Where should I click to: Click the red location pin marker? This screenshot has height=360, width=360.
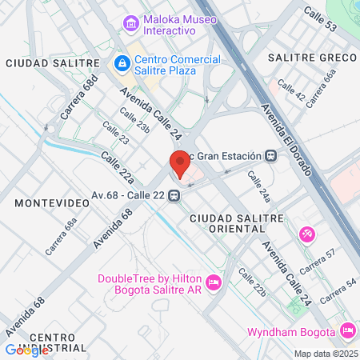point(180,164)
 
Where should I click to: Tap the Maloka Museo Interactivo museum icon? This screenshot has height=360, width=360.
point(130,25)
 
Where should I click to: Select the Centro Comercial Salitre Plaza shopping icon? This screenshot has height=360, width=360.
point(122,62)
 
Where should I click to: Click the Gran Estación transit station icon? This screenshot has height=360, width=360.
point(272,156)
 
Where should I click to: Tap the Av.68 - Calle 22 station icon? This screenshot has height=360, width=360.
point(173,198)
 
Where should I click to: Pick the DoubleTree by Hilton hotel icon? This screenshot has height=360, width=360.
point(213,282)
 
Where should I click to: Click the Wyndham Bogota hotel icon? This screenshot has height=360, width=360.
point(347,330)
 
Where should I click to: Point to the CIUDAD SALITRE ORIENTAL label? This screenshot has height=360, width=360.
point(237,223)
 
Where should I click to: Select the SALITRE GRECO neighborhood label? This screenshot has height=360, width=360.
point(312,58)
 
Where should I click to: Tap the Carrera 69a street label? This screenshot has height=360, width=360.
point(61,237)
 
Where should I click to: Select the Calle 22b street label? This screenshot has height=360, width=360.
point(251,288)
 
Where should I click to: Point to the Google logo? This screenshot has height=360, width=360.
point(26,350)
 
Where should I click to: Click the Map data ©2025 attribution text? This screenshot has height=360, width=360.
point(324,354)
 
